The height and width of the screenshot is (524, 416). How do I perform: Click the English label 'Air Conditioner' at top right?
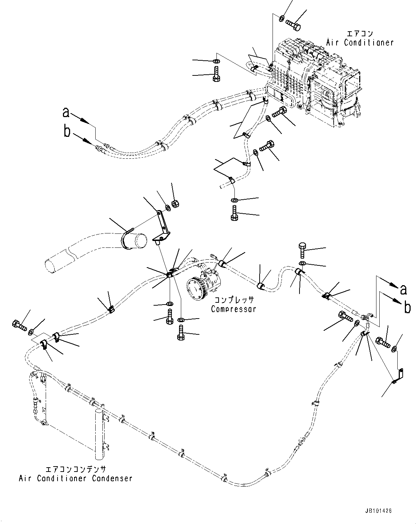click(x=360, y=42)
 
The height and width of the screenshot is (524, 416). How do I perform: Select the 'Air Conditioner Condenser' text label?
click(x=76, y=478)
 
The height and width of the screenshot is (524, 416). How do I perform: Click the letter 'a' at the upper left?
click(x=66, y=113)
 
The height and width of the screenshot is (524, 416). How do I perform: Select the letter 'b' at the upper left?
click(x=67, y=132)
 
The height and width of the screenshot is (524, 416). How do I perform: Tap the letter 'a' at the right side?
click(x=404, y=289)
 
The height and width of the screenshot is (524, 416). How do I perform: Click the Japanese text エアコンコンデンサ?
click(x=76, y=469)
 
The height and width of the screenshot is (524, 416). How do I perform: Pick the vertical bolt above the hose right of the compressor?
click(x=302, y=250)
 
